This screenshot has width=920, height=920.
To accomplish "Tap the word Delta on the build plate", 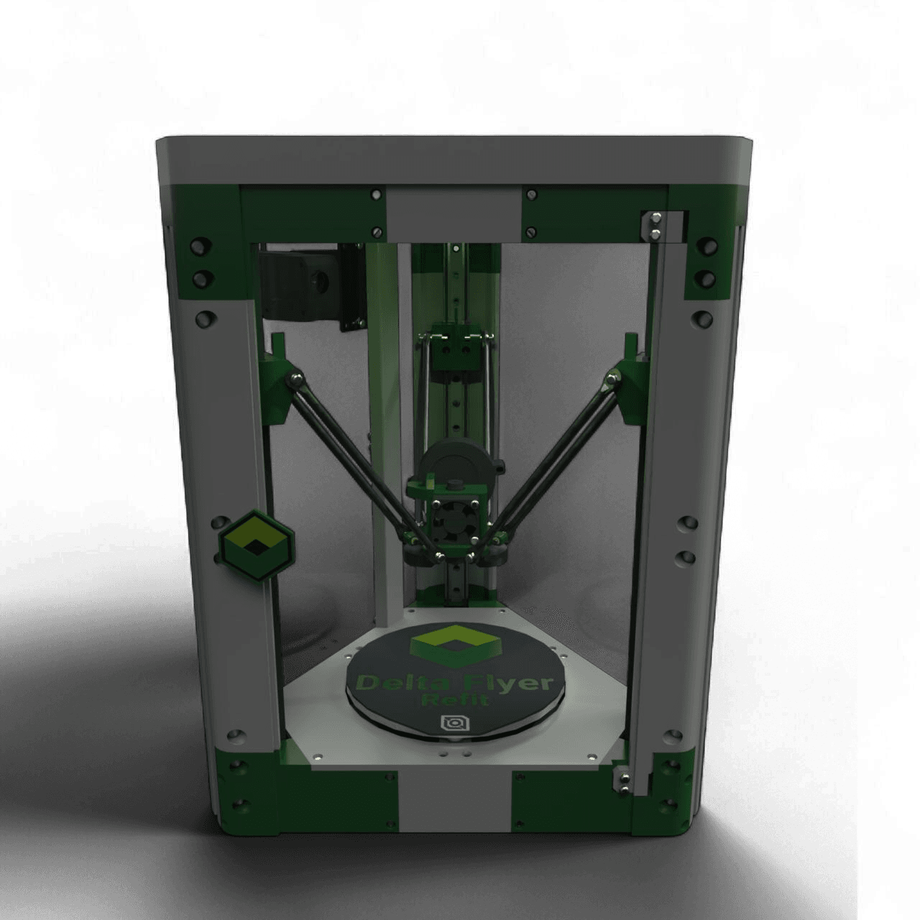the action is click(x=396, y=684).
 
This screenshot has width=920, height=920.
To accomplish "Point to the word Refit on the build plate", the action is click(x=456, y=700).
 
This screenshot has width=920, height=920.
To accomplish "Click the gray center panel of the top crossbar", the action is click(x=453, y=215).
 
